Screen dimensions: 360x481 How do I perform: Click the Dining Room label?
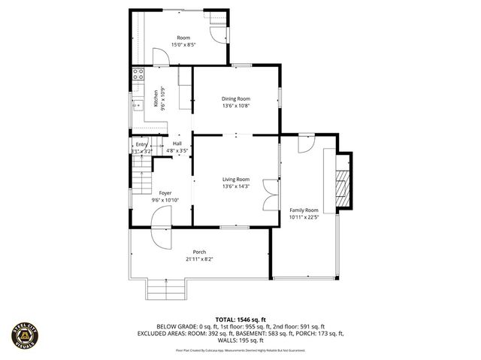click(x=236, y=98)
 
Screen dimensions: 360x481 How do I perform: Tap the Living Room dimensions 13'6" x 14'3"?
click(x=236, y=186)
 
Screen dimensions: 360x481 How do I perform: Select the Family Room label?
click(x=304, y=210)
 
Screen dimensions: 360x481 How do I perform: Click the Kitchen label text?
click(x=156, y=98)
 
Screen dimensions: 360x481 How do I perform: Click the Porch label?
click(x=199, y=252)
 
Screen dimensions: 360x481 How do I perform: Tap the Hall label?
click(x=177, y=144)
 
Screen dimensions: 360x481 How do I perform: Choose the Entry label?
click(x=142, y=144)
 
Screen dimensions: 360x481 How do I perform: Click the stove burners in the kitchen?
click(x=138, y=74)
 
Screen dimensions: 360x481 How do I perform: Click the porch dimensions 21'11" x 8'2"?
click(x=199, y=259)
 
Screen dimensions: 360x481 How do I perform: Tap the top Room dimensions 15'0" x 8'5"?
click(x=183, y=45)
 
